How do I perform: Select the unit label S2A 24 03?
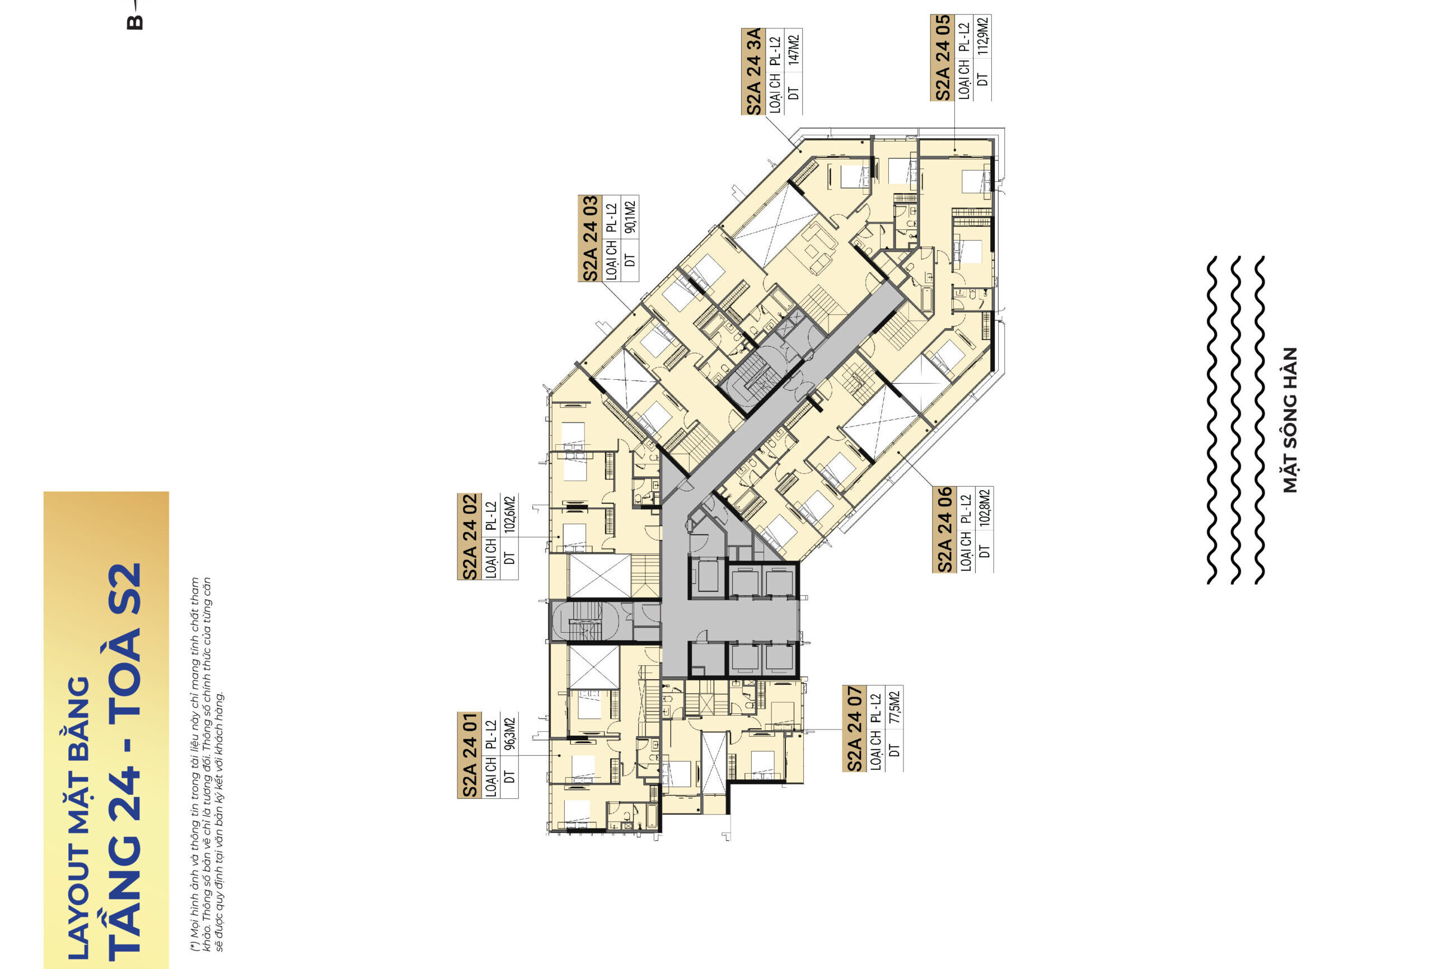[x=589, y=238]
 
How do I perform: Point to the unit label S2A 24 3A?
[x=753, y=72]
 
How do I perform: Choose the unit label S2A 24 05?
[x=942, y=57]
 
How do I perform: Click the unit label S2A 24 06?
[x=944, y=529]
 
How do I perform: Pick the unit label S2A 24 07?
[x=854, y=728]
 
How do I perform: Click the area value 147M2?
[x=794, y=50]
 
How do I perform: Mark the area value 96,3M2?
[x=509, y=734]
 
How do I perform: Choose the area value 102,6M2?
[x=509, y=515]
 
